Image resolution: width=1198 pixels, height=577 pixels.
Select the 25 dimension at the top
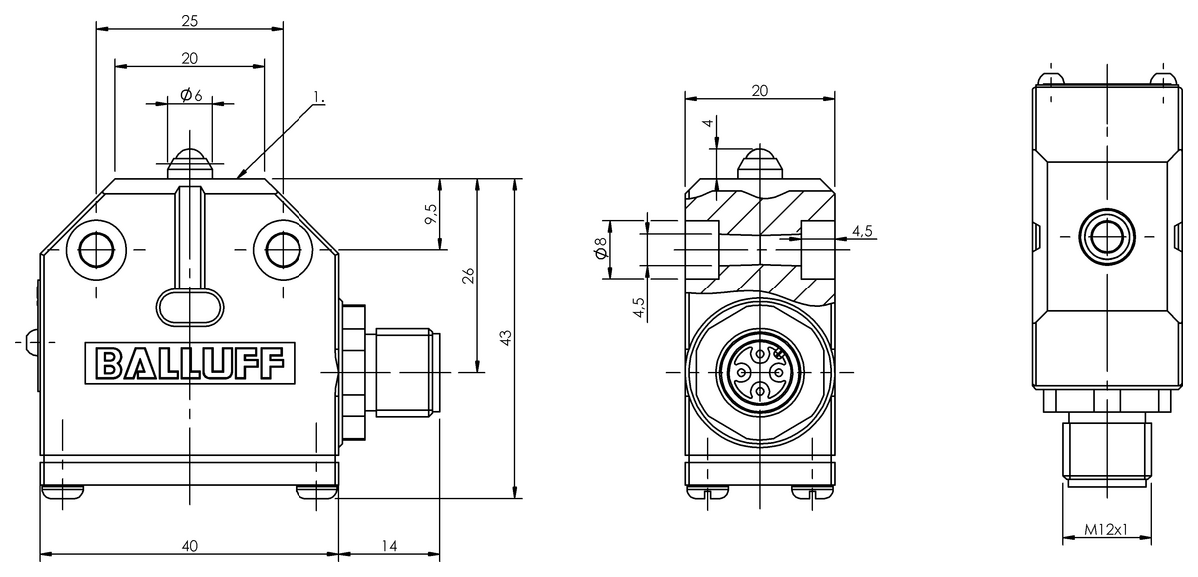point(189,19)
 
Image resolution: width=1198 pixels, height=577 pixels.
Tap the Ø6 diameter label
point(190,95)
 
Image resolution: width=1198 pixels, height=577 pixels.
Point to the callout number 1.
point(318,97)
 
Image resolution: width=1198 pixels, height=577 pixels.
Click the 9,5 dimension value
point(430,215)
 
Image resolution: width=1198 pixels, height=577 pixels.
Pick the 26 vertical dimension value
point(466,277)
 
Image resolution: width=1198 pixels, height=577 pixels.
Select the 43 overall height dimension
point(505,338)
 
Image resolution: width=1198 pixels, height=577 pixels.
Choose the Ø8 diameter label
point(600,248)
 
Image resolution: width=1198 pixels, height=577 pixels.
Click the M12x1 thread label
point(1106,531)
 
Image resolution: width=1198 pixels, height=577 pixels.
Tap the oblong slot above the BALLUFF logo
point(190,305)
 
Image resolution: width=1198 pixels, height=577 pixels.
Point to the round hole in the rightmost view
point(1105,237)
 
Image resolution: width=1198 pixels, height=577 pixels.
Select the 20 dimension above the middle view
point(759,90)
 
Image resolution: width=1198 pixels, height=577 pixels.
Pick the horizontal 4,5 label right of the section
point(861,232)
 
